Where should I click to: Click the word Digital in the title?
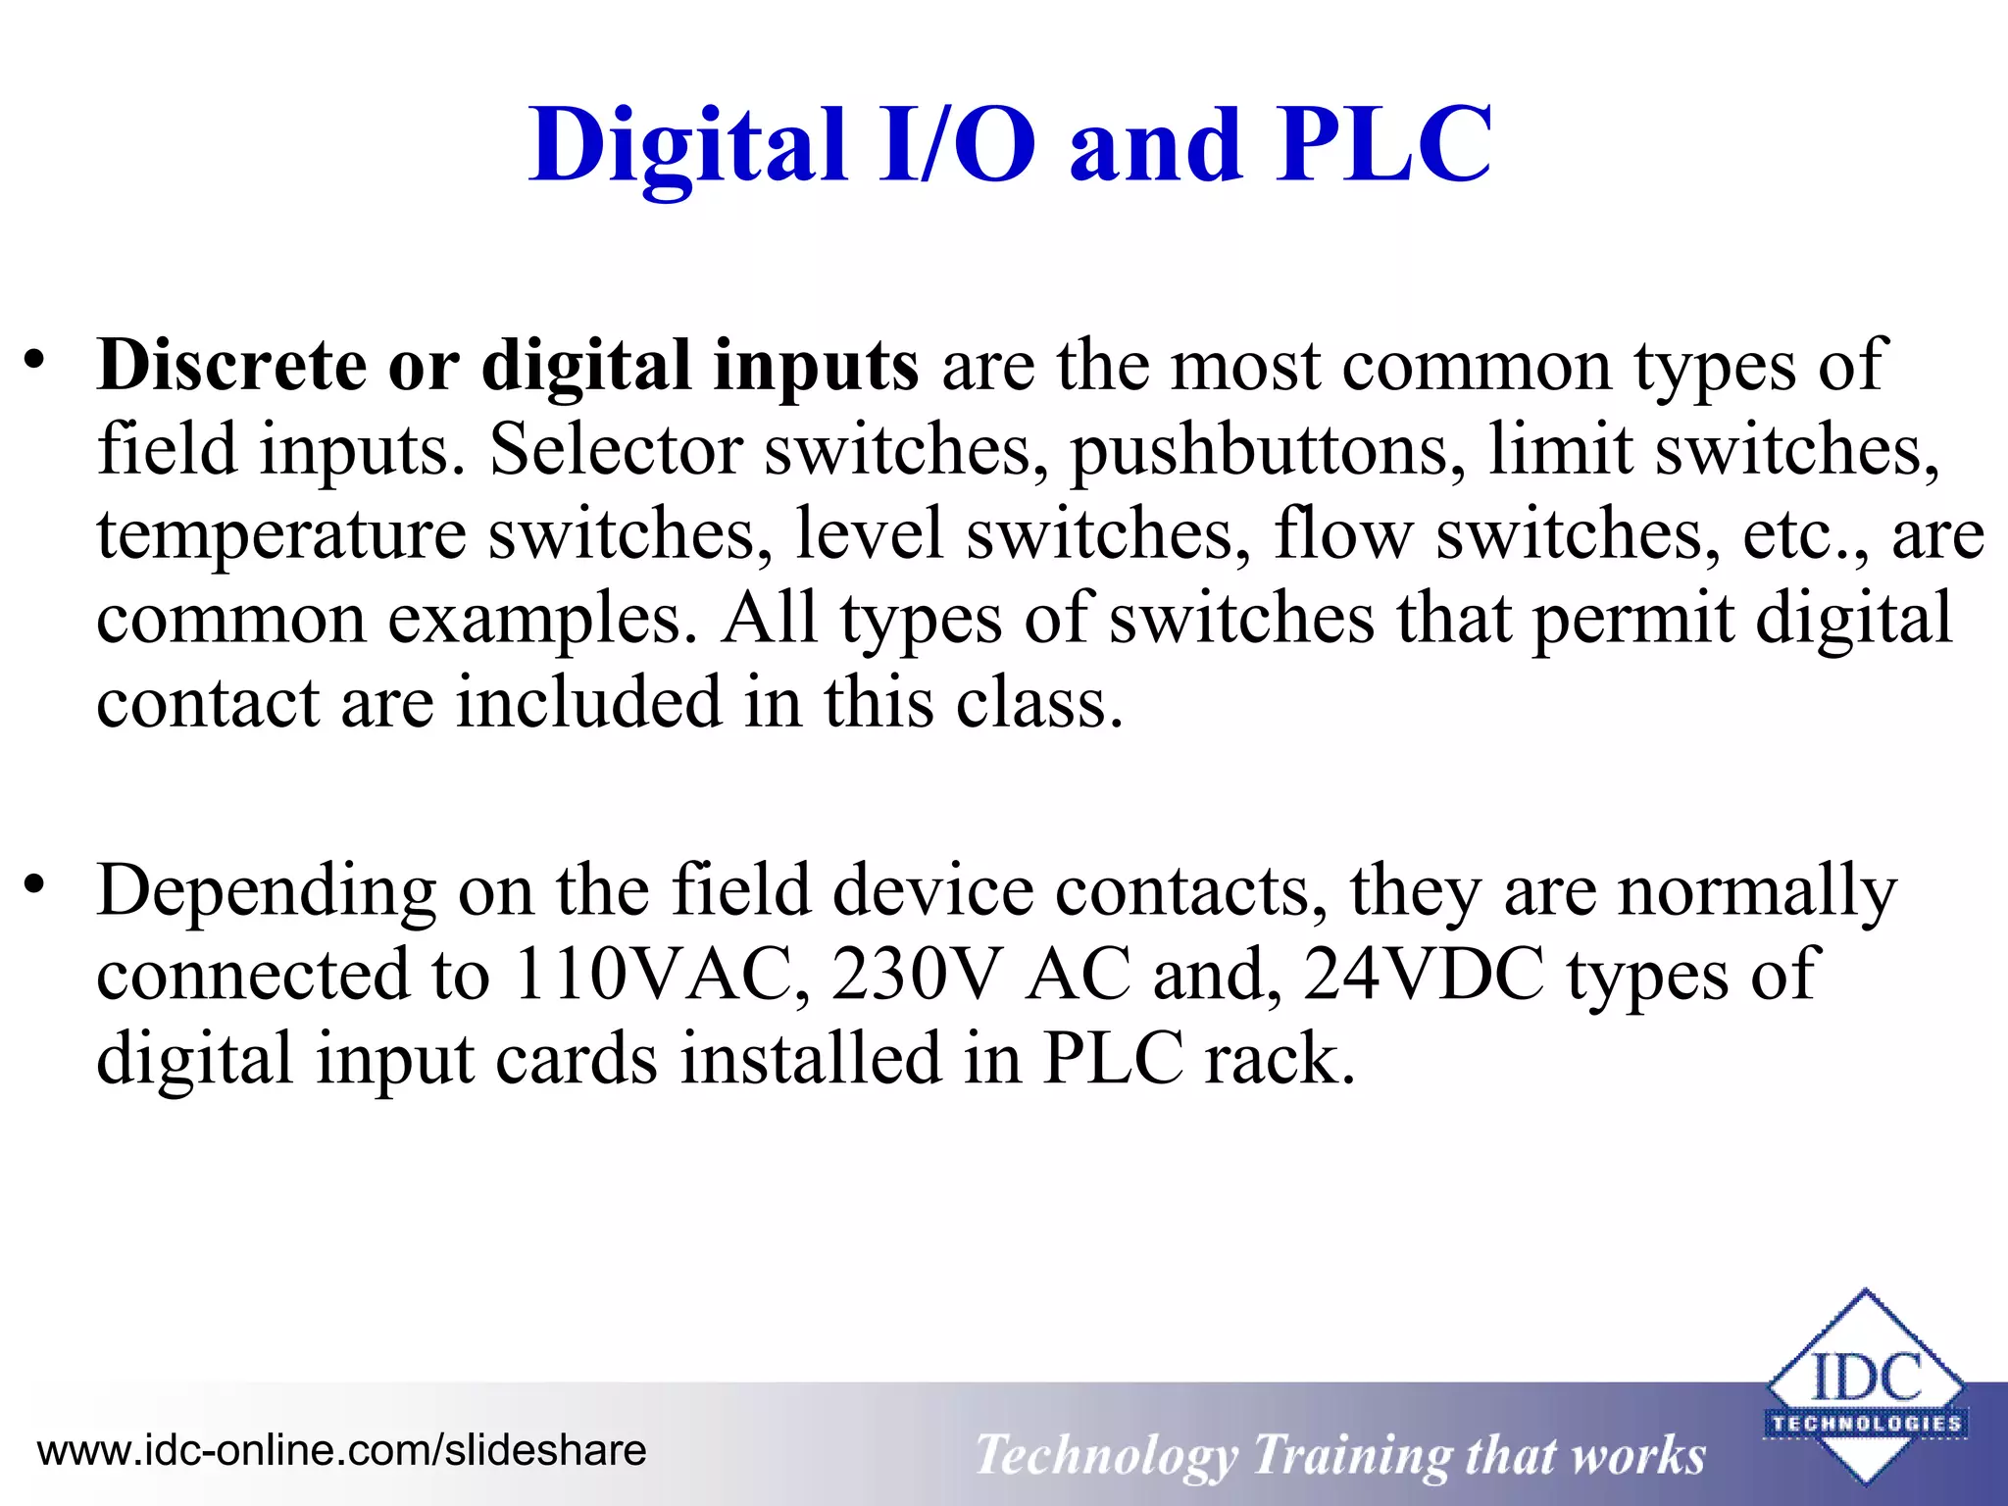point(686,147)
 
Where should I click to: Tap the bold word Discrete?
point(231,366)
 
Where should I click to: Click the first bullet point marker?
point(35,360)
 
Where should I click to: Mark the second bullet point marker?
point(35,885)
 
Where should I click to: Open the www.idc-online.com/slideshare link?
point(341,1450)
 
